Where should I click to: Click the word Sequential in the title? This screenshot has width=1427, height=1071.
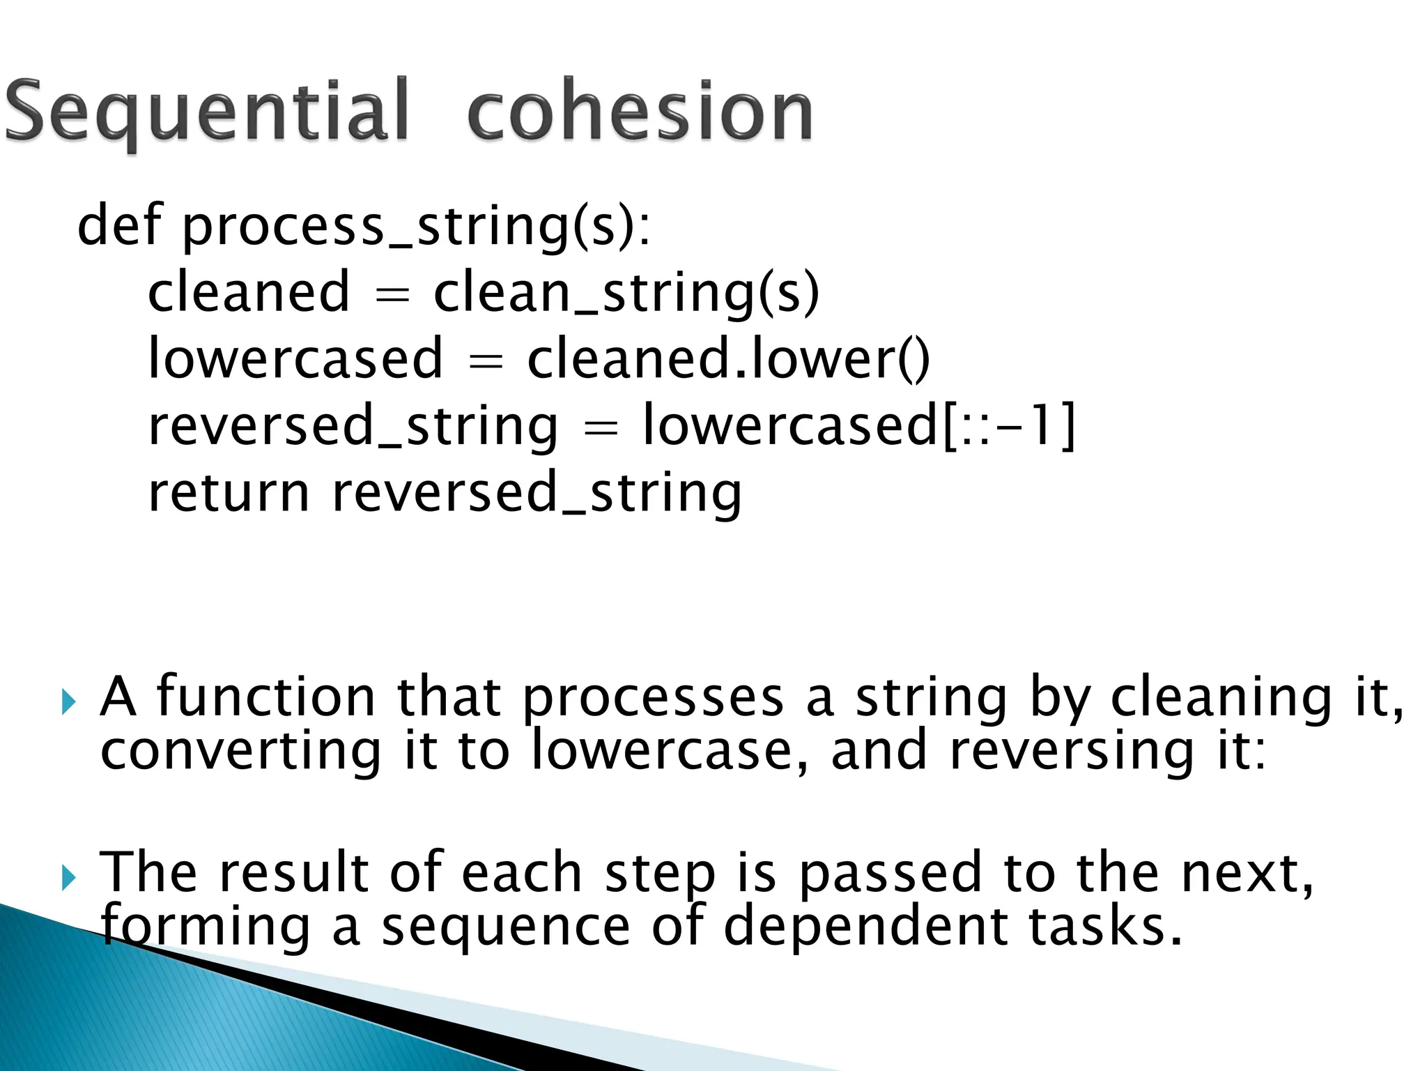click(x=206, y=112)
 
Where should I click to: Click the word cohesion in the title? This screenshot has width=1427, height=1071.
click(x=640, y=112)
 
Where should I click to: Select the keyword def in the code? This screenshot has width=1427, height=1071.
click(x=119, y=226)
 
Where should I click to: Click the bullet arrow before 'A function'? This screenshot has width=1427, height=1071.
click(x=68, y=701)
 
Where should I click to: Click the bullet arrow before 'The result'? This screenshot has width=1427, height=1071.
click(x=68, y=877)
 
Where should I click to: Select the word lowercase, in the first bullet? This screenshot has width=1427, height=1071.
click(x=670, y=752)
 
